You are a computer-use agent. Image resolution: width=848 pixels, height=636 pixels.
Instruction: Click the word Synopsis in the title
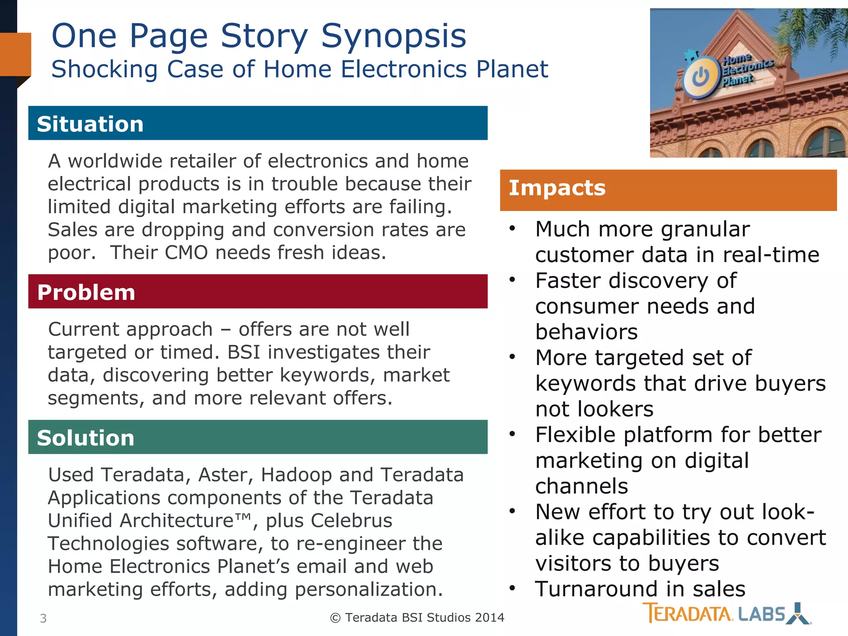point(393,36)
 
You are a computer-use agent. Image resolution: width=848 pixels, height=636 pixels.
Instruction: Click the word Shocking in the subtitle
point(104,69)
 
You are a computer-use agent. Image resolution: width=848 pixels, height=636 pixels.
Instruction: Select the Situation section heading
point(90,124)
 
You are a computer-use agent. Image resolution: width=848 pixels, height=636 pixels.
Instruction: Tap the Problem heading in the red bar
point(86,292)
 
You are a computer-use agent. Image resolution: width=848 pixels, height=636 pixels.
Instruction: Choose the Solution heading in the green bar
point(85,438)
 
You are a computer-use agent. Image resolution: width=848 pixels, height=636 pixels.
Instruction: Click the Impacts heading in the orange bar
point(557,188)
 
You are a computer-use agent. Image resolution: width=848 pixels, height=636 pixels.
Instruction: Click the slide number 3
point(43,618)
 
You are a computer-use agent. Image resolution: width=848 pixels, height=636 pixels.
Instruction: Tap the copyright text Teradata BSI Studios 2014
point(417,617)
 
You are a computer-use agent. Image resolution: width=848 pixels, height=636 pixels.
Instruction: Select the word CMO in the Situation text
point(186,253)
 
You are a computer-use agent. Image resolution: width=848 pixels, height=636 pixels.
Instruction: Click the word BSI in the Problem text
point(243,352)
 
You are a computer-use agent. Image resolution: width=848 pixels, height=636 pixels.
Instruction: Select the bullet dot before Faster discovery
point(512,279)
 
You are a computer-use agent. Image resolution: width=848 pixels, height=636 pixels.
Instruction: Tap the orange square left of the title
point(15,54)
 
